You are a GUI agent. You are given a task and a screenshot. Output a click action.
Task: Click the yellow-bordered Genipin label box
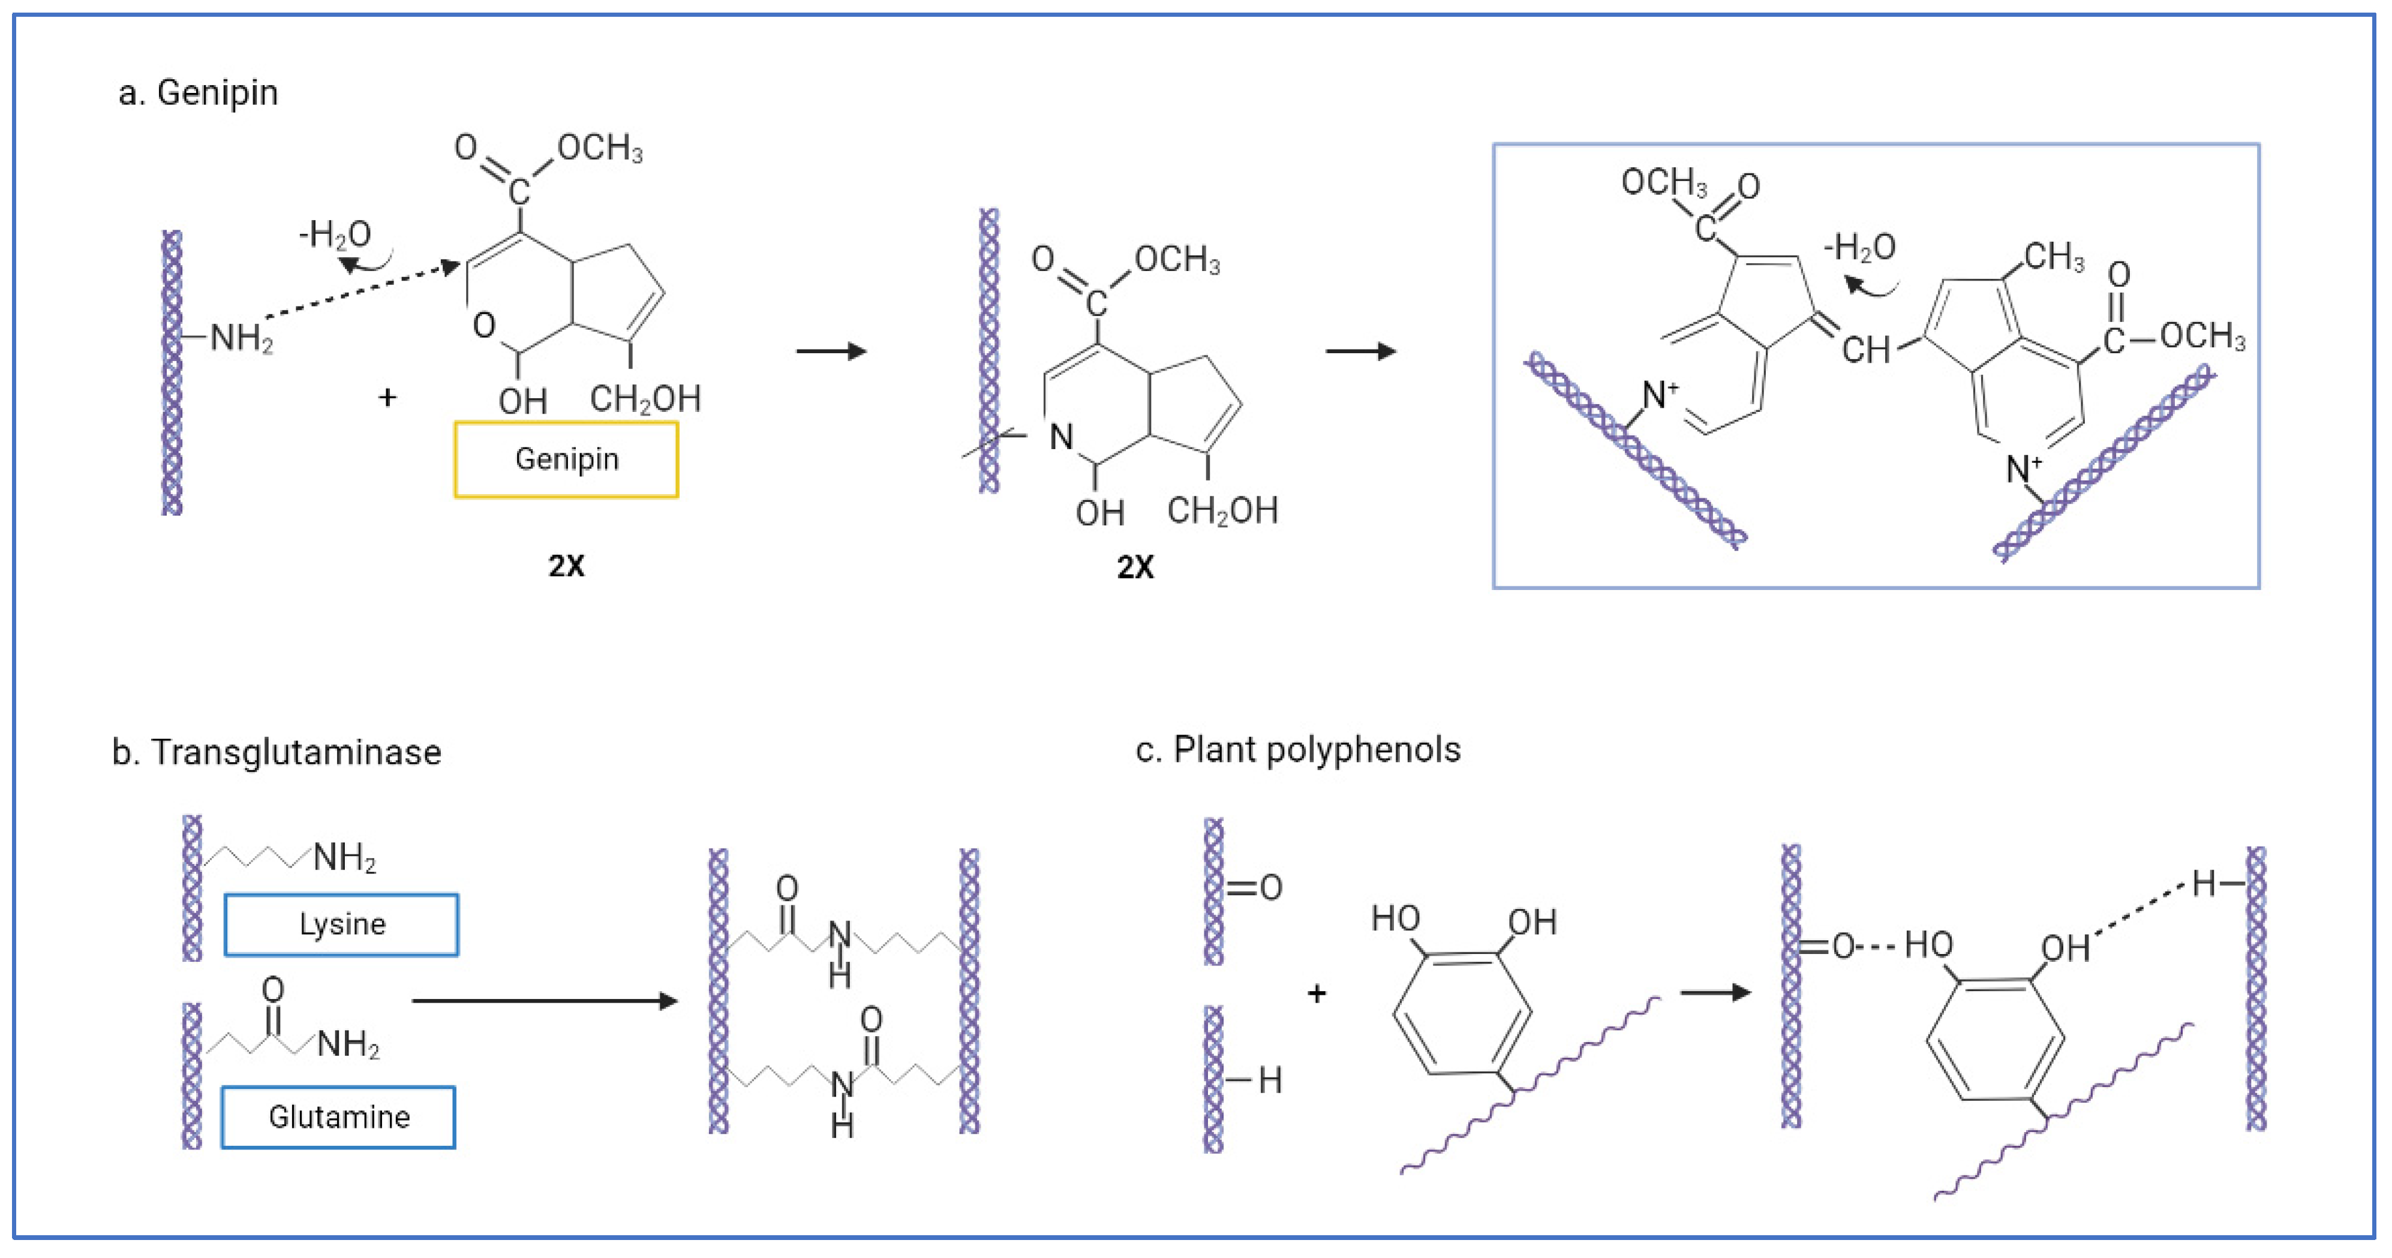pos(566,459)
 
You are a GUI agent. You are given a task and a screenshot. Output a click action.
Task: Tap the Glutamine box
pos(338,1117)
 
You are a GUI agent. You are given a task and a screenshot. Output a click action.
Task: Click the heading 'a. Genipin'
pos(198,93)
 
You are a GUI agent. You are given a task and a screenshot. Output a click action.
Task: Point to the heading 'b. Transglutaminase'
pos(276,752)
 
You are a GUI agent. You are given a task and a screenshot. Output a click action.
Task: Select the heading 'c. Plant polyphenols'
pos(1297,750)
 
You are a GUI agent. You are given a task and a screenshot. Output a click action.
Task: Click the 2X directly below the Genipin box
pos(566,565)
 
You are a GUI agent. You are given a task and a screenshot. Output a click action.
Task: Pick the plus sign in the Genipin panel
pos(387,398)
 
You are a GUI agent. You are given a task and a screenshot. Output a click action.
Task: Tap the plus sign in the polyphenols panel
pos(1316,994)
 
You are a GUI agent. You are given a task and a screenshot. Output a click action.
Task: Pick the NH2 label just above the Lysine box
pos(344,857)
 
